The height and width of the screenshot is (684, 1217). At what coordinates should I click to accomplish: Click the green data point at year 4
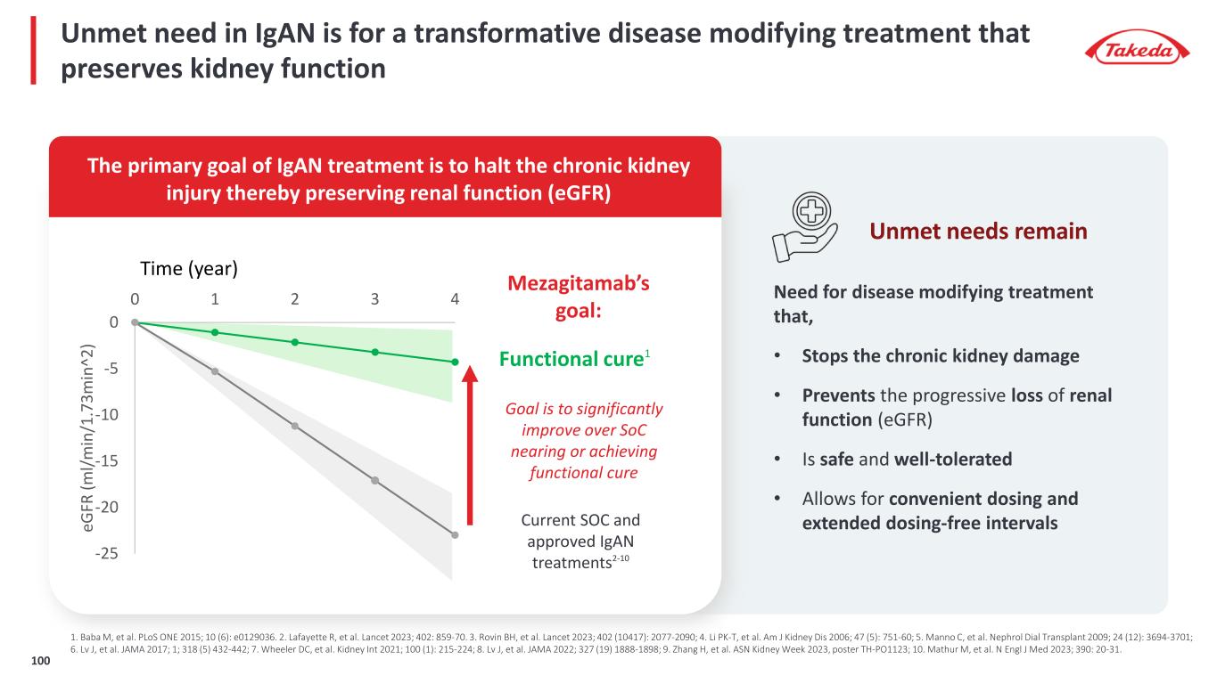455,362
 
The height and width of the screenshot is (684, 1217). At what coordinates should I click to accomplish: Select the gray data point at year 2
295,426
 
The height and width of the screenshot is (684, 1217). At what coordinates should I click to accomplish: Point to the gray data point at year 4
455,535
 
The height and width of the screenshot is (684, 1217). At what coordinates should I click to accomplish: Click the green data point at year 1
215,332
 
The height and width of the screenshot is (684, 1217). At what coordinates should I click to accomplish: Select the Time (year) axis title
188,268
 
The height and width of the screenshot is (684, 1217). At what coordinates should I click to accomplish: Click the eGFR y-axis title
88,437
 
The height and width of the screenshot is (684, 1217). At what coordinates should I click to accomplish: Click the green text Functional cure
571,360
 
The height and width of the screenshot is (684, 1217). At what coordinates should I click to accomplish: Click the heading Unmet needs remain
978,232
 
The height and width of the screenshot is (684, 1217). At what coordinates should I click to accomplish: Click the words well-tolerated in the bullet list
952,460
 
